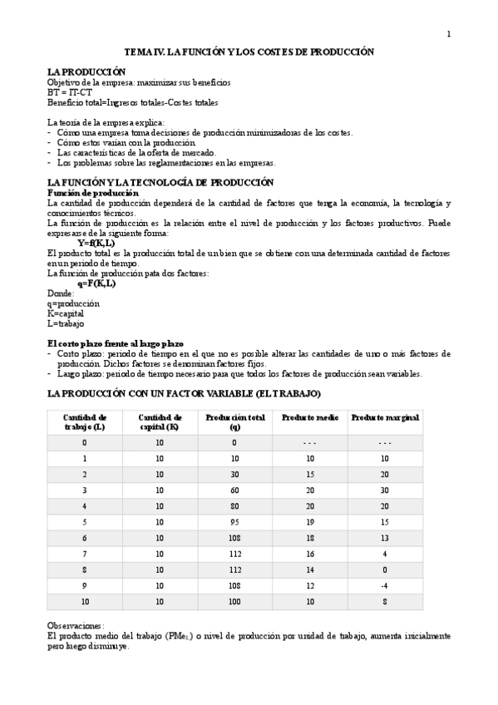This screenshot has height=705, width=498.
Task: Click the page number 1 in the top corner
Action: (x=449, y=33)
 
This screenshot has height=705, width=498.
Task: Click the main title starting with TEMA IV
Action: (x=249, y=52)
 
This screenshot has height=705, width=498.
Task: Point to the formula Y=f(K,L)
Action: (x=96, y=243)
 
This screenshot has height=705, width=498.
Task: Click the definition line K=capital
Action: (x=66, y=313)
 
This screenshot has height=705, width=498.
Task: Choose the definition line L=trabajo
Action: (x=66, y=323)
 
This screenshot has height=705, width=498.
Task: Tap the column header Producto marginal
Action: (x=384, y=417)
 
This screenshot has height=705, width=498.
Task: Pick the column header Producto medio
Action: (x=309, y=417)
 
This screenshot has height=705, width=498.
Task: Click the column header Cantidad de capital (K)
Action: (x=159, y=422)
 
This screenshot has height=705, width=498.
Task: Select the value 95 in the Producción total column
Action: (x=234, y=522)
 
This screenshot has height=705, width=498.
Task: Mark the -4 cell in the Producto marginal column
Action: (x=384, y=584)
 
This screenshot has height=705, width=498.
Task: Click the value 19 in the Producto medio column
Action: (x=309, y=522)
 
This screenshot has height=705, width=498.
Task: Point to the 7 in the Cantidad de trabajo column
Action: (x=84, y=554)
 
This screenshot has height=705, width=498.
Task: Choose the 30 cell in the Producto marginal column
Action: (x=384, y=491)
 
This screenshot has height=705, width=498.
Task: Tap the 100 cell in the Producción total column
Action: (x=234, y=600)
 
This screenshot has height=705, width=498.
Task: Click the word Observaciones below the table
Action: (x=76, y=625)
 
